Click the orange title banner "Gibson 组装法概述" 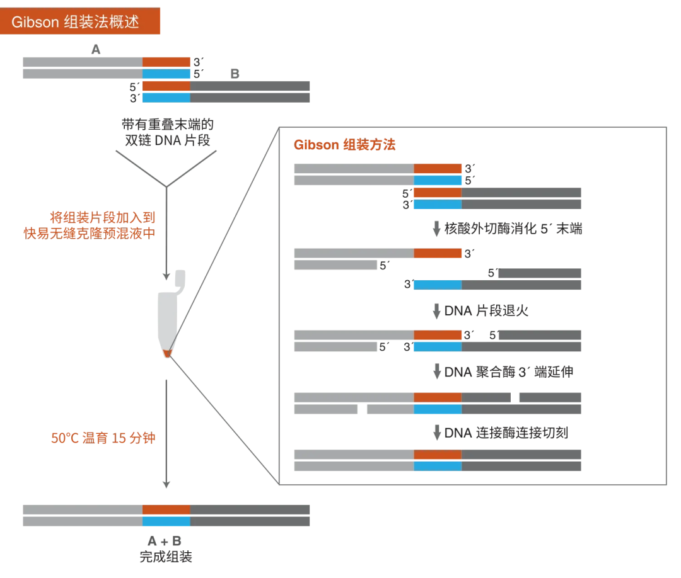click(84, 22)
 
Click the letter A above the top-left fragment click(96, 48)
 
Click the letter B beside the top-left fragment click(235, 74)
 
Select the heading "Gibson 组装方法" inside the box click(344, 145)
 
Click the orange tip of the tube click(167, 354)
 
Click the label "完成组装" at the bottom click(165, 557)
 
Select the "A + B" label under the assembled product click(165, 541)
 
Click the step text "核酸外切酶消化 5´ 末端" click(513, 229)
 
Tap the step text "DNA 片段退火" click(486, 310)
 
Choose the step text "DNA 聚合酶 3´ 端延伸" click(508, 372)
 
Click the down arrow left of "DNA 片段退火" click(436, 311)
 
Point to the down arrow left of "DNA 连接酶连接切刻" click(436, 433)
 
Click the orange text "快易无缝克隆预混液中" click(89, 234)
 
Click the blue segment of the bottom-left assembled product click(166, 521)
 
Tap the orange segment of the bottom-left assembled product click(166, 509)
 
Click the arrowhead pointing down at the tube click(166, 276)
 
